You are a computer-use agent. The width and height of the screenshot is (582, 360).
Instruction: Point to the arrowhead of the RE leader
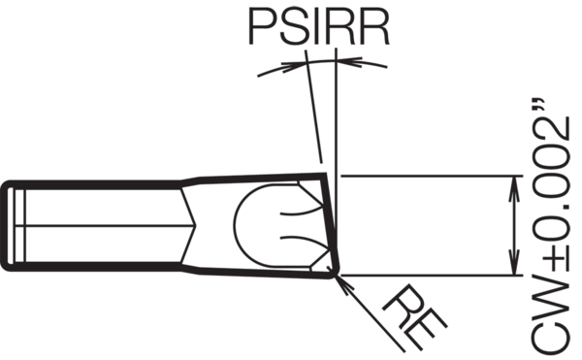[x=340, y=279]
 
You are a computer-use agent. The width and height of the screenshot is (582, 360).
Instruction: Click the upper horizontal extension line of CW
[x=427, y=176]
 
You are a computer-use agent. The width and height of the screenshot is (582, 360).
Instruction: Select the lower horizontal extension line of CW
[x=427, y=276]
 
